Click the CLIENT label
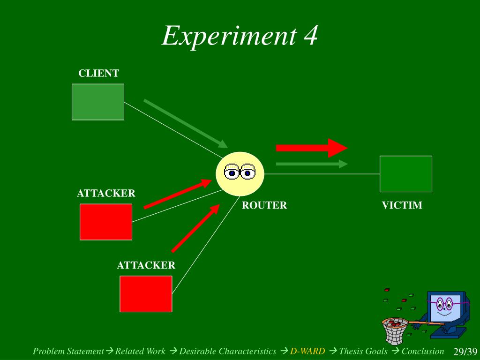[98, 73]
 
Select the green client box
[98, 102]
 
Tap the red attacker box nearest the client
[106, 222]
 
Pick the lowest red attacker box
[146, 293]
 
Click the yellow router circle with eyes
[240, 173]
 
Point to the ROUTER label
[264, 205]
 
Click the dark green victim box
[405, 173]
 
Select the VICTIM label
[402, 205]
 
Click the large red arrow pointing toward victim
[311, 148]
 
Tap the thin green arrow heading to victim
[311, 164]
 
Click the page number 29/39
[465, 352]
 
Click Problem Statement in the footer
[68, 351]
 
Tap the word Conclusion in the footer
[423, 351]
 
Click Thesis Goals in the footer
[363, 351]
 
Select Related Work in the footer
[140, 351]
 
